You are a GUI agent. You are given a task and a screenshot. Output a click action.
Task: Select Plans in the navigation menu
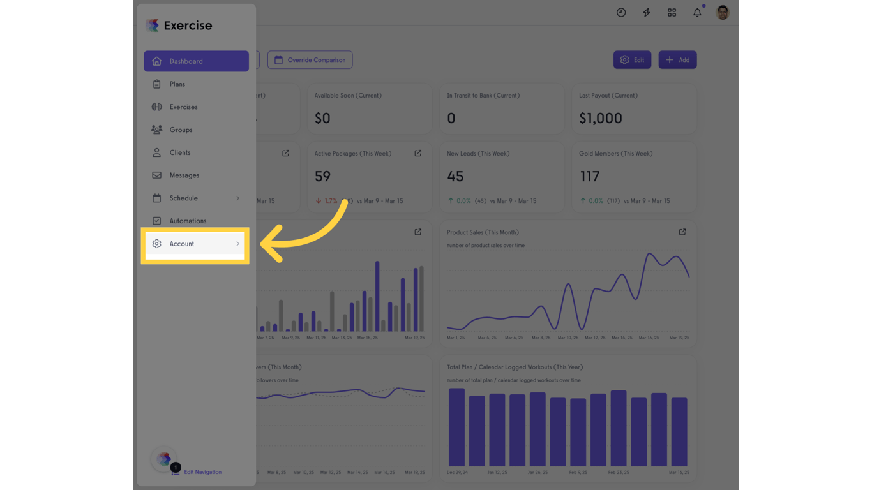[177, 84]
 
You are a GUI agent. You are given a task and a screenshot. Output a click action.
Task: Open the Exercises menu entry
[183, 107]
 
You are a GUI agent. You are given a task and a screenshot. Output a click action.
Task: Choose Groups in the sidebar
[181, 130]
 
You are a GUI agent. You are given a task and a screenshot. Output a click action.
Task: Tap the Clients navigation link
[180, 152]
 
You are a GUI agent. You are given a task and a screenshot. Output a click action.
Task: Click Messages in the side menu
[184, 175]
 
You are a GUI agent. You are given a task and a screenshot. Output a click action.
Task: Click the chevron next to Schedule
[238, 198]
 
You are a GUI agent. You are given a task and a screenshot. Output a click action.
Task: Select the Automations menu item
[188, 221]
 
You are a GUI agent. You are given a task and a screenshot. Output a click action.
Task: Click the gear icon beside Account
[156, 244]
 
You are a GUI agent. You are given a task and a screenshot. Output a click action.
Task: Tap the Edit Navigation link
[202, 472]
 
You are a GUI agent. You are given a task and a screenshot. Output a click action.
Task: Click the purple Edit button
[632, 60]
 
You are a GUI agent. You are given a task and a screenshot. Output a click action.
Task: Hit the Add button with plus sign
[677, 60]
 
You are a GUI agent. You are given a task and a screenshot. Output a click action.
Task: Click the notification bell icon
[697, 13]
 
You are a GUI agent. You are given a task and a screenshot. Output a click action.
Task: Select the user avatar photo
[723, 13]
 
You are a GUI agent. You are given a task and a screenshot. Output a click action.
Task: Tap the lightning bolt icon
[647, 13]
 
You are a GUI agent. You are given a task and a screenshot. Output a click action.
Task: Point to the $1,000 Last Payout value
[600, 118]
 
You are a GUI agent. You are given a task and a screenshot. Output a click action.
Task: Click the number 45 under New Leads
[455, 176]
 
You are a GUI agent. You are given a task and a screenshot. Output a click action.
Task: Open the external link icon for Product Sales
[682, 232]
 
